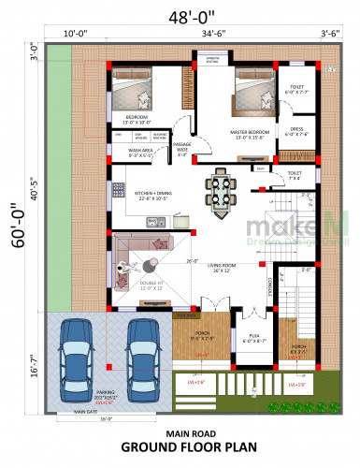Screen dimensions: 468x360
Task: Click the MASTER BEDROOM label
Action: pos(249,134)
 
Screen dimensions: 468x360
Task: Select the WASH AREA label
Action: pos(141,151)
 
